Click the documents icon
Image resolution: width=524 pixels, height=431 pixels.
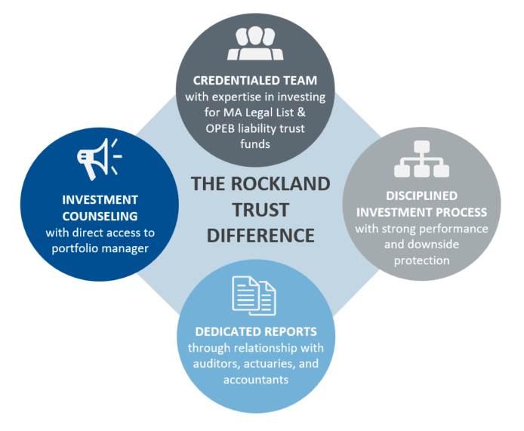click(254, 295)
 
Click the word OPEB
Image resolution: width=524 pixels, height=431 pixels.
click(225, 128)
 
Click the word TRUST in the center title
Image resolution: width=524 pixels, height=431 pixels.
click(260, 209)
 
